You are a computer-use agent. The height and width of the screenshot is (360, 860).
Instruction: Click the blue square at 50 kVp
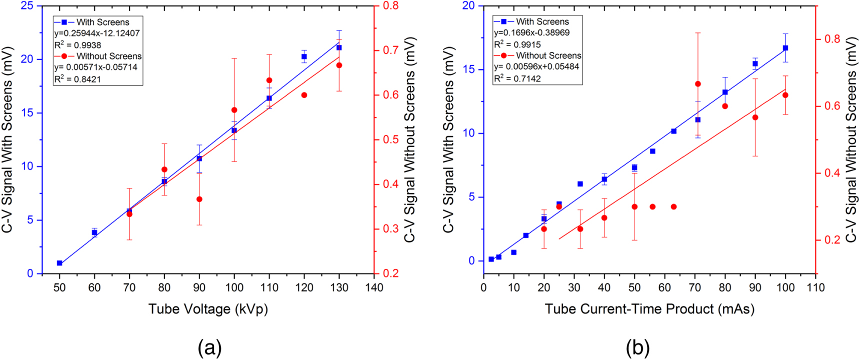[x=59, y=263]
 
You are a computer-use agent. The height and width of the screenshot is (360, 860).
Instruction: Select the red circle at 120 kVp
[x=304, y=95]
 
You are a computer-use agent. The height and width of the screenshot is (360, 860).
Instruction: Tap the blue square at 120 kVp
[x=304, y=57]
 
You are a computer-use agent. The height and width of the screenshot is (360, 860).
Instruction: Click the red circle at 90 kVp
[x=199, y=199]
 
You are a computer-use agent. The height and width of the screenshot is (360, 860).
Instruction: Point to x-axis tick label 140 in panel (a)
[x=374, y=287]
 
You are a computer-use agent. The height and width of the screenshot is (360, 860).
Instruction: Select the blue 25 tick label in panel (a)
[x=27, y=6]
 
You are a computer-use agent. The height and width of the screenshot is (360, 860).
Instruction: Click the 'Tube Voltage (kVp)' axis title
[x=208, y=309]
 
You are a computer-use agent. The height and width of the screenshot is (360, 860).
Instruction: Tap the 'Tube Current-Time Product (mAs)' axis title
[x=649, y=309]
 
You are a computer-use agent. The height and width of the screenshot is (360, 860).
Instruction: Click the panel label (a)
[x=209, y=347]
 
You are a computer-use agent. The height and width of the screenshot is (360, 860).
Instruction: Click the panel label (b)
[x=637, y=347]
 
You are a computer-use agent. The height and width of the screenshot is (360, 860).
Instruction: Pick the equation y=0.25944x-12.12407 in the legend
[x=97, y=33]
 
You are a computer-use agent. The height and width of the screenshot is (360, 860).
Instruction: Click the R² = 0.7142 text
[x=517, y=78]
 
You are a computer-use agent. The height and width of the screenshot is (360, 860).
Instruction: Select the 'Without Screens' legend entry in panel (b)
[x=548, y=55]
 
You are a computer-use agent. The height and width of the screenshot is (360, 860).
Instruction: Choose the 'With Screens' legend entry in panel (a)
[x=102, y=22]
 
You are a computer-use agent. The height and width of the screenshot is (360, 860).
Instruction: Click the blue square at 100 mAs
[x=785, y=48]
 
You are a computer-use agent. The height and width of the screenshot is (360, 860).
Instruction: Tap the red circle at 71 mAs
[x=698, y=84]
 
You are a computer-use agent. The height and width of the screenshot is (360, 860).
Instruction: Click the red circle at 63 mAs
[x=673, y=206]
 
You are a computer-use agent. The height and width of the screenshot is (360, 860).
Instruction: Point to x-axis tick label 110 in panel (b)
[x=815, y=287]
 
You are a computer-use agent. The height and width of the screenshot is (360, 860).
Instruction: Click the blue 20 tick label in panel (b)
[x=468, y=6]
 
